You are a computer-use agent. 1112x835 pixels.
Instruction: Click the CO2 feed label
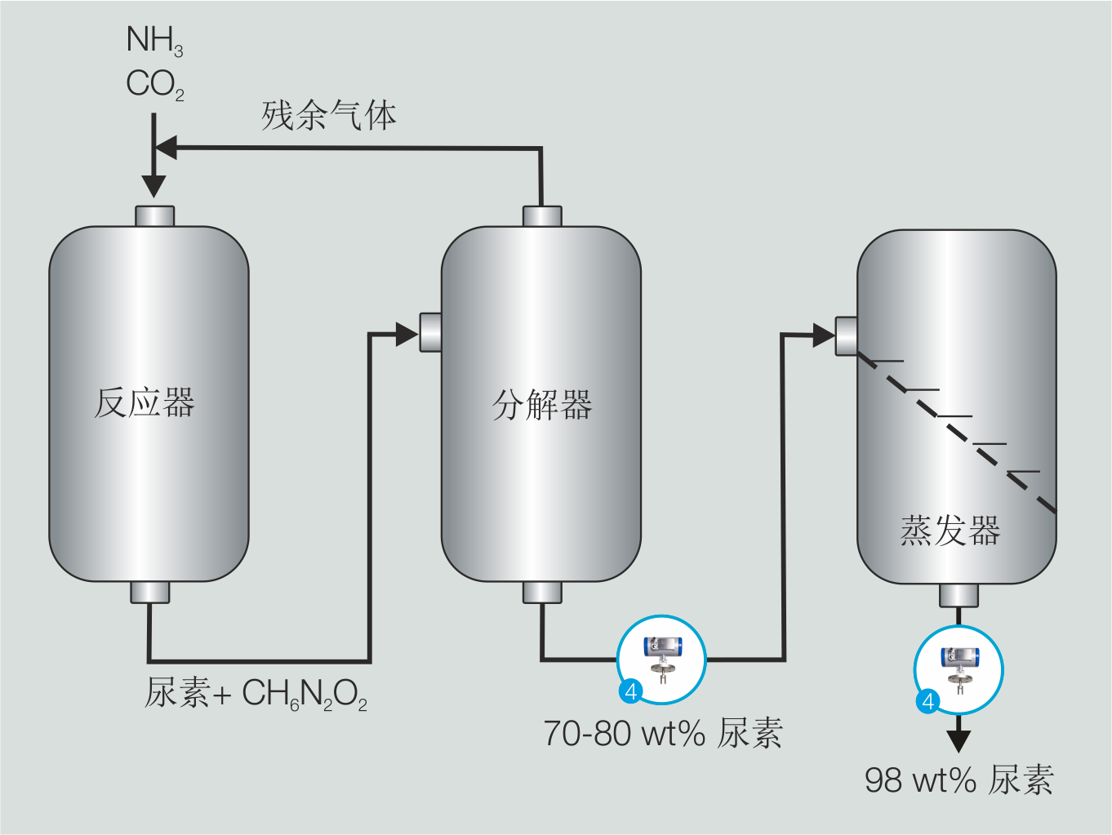154,84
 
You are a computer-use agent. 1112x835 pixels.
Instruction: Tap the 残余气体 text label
329,115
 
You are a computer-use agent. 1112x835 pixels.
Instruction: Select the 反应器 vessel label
145,403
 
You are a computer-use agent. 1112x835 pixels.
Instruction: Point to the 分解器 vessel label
541,405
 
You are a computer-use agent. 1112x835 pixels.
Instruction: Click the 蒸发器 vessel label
950,531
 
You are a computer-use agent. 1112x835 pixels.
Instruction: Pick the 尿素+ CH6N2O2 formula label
256,694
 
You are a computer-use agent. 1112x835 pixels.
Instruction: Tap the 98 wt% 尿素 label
959,780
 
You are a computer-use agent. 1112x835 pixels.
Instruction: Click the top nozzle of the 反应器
154,215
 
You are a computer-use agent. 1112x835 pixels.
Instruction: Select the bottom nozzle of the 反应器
150,592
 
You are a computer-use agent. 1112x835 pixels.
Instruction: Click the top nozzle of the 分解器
542,215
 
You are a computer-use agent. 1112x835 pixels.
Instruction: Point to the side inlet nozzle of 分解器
430,332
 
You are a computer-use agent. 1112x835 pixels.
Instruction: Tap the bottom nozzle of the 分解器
542,592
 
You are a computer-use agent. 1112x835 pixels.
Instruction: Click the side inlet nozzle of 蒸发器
846,335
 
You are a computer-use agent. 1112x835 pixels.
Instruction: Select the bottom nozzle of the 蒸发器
959,595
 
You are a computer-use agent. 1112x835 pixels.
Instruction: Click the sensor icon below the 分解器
661,659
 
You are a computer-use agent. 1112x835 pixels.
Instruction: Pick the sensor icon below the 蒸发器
958,669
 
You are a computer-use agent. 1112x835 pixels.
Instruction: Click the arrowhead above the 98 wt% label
959,740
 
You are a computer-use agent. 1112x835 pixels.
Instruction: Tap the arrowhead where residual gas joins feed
166,149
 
